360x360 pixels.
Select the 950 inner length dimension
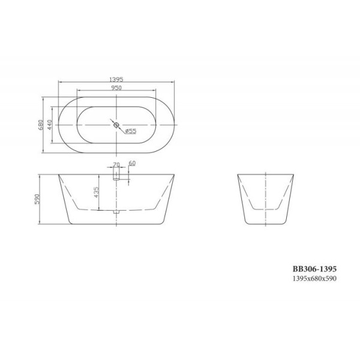[117, 88]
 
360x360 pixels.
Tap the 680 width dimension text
[40, 125]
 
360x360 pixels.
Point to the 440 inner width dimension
[50, 125]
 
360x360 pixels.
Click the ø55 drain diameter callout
[131, 131]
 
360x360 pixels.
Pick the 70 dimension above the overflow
[116, 163]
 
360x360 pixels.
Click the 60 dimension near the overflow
[132, 163]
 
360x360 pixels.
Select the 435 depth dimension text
[97, 192]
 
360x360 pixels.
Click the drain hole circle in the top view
[117, 125]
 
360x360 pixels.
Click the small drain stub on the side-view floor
[117, 211]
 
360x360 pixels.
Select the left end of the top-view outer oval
[58, 125]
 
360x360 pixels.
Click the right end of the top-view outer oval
[176, 125]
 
